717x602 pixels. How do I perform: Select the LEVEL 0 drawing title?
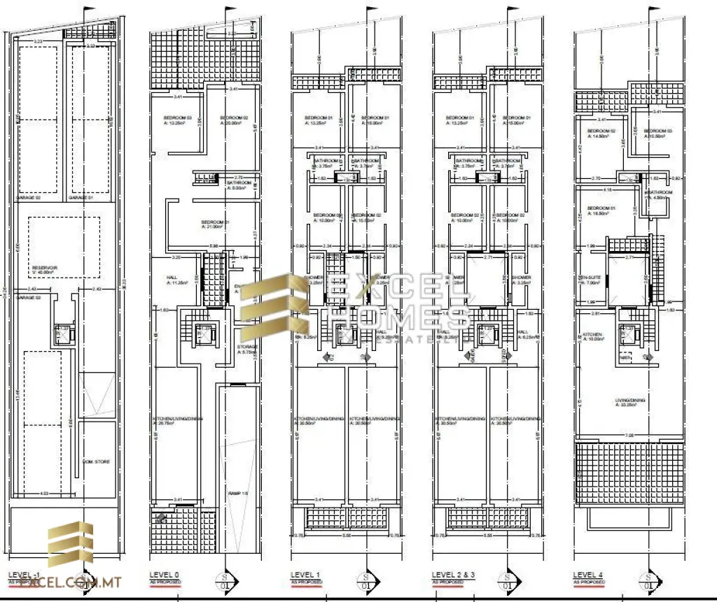pos(164,574)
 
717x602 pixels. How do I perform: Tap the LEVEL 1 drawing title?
pos(305,574)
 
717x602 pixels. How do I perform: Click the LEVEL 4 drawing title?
pos(588,574)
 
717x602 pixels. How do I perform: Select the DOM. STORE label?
pos(96,461)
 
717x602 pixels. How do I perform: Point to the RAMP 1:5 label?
pos(239,494)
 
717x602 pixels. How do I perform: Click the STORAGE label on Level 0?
pos(247,346)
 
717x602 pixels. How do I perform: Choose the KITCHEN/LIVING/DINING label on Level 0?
pos(178,418)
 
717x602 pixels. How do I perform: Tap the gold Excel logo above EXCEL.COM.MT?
pos(70,547)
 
